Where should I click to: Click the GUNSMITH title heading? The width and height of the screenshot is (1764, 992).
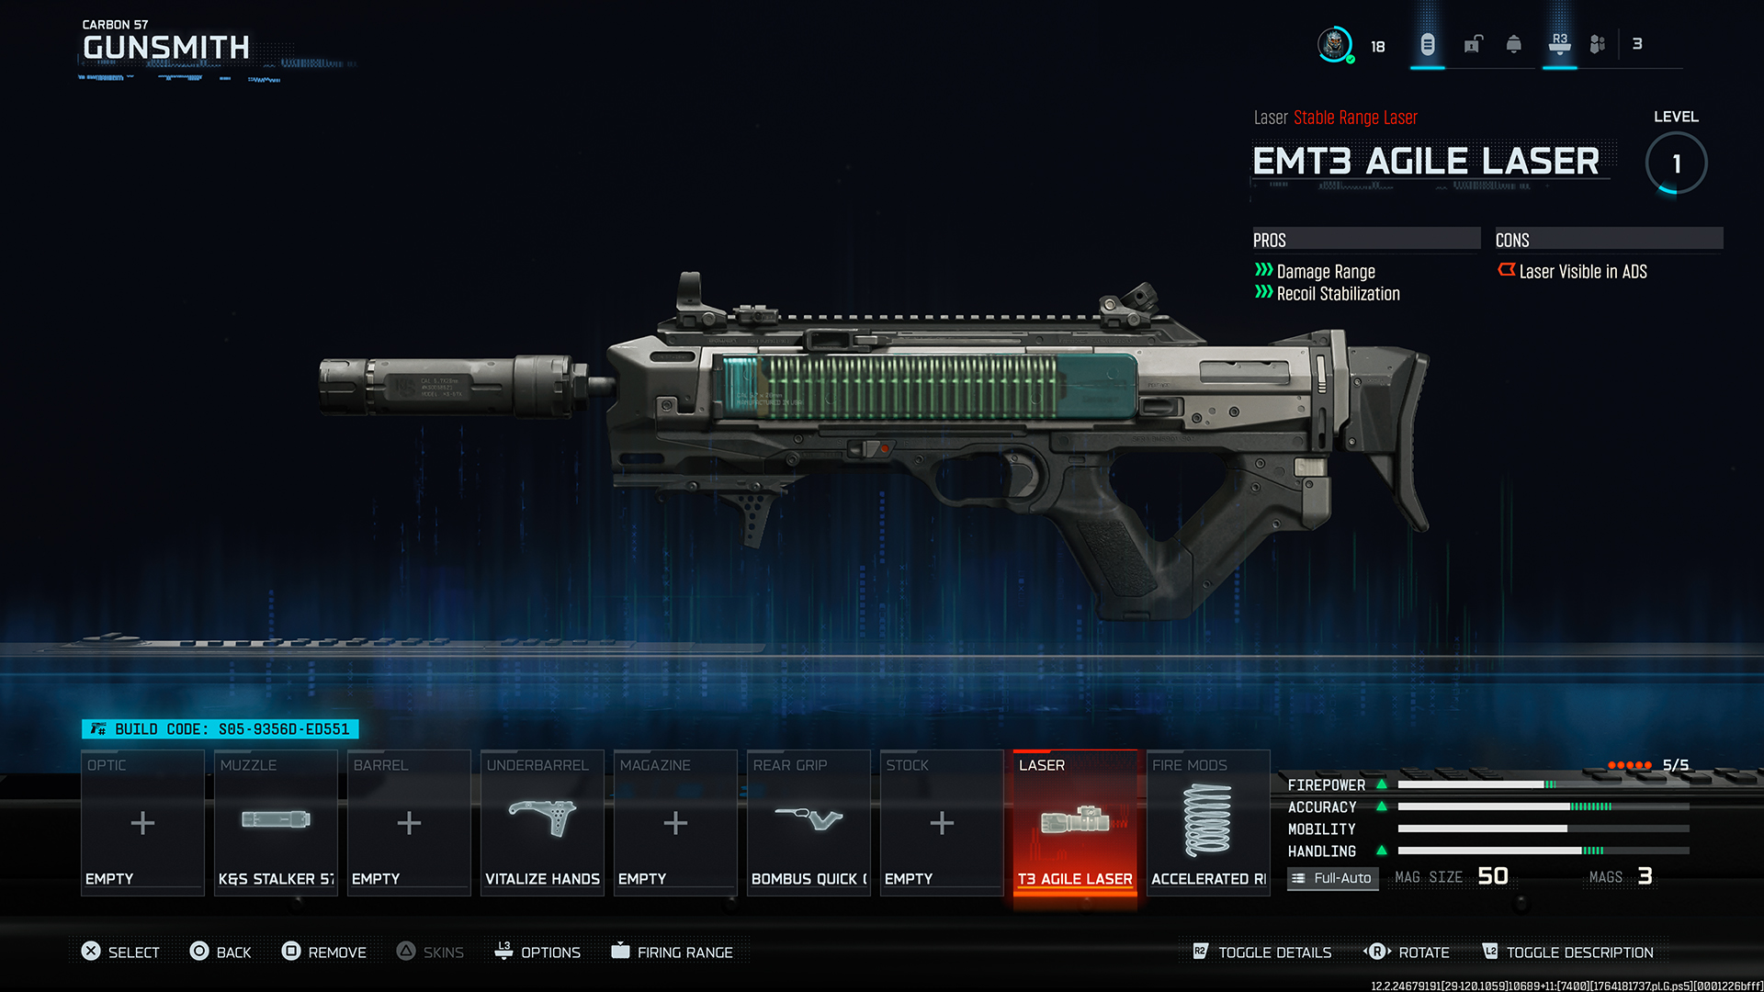click(166, 48)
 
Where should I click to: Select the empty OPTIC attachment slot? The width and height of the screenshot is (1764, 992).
click(142, 822)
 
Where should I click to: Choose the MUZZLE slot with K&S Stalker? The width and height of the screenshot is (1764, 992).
click(276, 822)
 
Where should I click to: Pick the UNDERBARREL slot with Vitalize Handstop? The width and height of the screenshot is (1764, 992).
click(542, 822)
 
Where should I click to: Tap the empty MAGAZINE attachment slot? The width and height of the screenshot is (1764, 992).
click(675, 822)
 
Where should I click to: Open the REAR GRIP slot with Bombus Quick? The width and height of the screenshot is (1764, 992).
click(808, 822)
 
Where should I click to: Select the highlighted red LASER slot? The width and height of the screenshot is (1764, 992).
click(1075, 822)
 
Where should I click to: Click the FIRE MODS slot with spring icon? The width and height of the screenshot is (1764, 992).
click(1208, 822)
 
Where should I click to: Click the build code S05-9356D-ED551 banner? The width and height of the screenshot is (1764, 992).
click(220, 729)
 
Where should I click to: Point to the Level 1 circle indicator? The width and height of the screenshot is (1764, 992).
click(1676, 163)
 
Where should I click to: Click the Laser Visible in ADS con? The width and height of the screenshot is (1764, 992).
click(1581, 272)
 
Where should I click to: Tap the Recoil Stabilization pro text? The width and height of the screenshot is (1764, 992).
click(1338, 294)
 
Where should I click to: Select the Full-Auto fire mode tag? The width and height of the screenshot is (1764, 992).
click(1332, 878)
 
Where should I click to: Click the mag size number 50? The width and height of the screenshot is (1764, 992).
click(1493, 876)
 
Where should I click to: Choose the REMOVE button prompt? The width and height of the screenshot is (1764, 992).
click(324, 953)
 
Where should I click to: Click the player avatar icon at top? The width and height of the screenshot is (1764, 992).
click(1334, 44)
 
